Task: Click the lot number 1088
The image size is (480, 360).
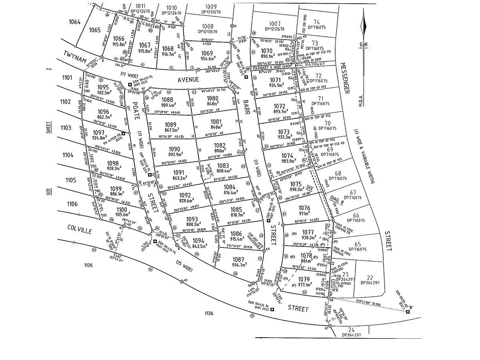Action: [x=167, y=100]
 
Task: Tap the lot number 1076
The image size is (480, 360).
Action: [x=304, y=208]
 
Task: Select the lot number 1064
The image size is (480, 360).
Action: [x=74, y=22]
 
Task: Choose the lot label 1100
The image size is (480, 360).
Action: [x=110, y=210]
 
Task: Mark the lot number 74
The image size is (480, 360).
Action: [x=317, y=22]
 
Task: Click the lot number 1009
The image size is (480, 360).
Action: [x=211, y=7]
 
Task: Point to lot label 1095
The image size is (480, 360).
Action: [x=103, y=87]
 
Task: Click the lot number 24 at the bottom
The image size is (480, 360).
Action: [x=351, y=330]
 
